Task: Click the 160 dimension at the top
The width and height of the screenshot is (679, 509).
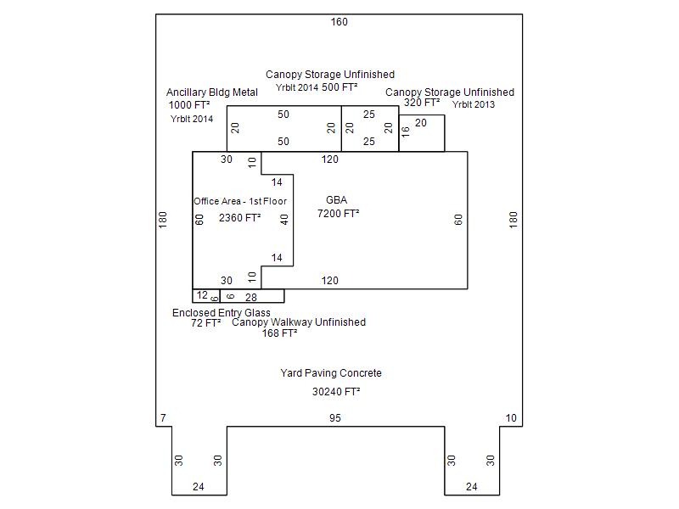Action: coord(339,22)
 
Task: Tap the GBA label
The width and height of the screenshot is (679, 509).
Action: coord(337,201)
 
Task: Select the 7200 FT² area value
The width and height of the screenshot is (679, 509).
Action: coord(338,214)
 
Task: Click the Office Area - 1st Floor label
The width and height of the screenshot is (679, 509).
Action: coord(240,201)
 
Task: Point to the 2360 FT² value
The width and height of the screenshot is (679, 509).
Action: coord(239,218)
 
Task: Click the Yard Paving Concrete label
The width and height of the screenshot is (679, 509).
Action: coord(331,373)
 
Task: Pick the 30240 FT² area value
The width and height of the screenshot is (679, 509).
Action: coord(336,392)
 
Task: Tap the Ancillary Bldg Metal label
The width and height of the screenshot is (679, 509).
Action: coord(212,92)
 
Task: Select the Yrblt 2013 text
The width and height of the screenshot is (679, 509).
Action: coord(473,104)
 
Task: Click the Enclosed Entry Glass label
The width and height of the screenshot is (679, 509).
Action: coord(222,313)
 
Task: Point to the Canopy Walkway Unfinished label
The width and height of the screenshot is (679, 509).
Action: coord(299,322)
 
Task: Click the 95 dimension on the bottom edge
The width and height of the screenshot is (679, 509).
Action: coord(335,418)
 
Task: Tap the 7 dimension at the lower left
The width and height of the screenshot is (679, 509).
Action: coord(162,418)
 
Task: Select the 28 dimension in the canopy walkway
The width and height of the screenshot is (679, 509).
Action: coord(251,298)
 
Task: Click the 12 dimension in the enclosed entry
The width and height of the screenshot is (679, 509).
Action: coord(201,295)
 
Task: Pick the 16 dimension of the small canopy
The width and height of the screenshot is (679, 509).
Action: coord(406,131)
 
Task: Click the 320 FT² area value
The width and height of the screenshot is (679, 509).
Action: coord(421,103)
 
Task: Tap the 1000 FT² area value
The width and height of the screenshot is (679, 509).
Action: coord(189,105)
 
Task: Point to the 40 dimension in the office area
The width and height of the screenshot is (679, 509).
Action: coord(284,219)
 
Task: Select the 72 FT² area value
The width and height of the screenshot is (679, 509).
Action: coord(205,323)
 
